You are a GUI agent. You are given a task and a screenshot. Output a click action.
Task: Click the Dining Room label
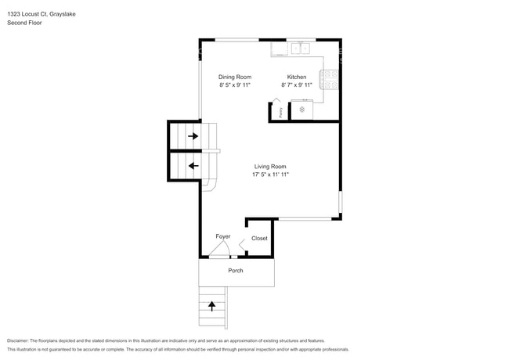pos(235,77)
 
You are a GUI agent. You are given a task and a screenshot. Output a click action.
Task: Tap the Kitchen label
pos(297,77)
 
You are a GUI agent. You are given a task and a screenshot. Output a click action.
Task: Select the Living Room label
pos(270,166)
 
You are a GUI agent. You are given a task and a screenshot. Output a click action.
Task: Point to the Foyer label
pos(223,236)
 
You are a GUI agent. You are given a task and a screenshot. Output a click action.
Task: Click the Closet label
pos(259,238)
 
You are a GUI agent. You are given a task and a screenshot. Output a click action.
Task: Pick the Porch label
pos(236,271)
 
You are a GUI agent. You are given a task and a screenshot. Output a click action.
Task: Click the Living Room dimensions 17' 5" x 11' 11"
pos(270,175)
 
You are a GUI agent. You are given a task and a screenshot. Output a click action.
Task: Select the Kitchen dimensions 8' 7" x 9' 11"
pos(297,85)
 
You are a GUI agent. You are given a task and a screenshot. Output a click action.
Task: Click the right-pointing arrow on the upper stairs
pos(193,136)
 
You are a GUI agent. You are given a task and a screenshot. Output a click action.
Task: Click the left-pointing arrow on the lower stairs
pos(193,165)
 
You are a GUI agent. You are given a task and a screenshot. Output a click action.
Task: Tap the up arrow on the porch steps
pos(211,306)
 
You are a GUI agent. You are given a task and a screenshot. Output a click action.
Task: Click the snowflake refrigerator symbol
pos(301,110)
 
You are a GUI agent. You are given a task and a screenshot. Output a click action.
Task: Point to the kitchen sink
pos(300,49)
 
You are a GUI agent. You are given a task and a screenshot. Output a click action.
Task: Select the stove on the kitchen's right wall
pos(334,78)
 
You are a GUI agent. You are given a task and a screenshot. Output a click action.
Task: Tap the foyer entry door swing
pos(220,250)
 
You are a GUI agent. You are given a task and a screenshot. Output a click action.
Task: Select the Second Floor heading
pos(25,23)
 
